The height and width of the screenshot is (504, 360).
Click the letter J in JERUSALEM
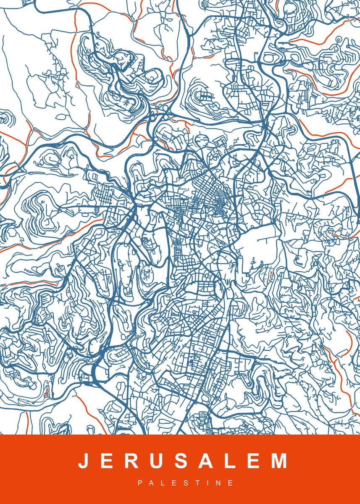83,461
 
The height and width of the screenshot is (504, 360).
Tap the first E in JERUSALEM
107,461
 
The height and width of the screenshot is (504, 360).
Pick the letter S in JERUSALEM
181,461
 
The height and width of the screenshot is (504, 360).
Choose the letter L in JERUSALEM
231,461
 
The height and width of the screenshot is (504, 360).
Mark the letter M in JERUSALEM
279,461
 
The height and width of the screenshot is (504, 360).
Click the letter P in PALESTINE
140,483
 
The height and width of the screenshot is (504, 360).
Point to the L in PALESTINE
163,483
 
